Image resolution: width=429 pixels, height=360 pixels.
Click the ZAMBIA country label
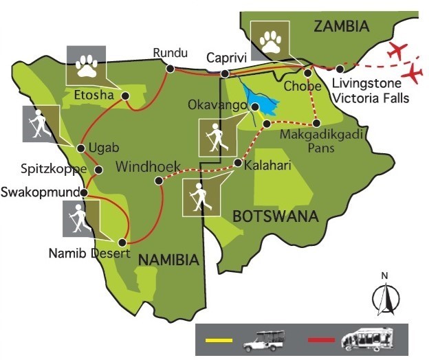pos(341,27)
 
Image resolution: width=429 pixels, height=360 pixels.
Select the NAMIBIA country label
pos(169,259)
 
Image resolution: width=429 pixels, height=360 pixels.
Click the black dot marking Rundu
pos(170,69)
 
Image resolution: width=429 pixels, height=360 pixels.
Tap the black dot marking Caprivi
pos(224,74)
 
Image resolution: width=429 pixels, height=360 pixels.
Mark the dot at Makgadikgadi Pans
pos(316,124)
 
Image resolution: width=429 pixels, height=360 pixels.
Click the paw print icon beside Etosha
pos(86,66)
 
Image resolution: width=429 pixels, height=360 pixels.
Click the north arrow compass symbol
pos(385,295)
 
